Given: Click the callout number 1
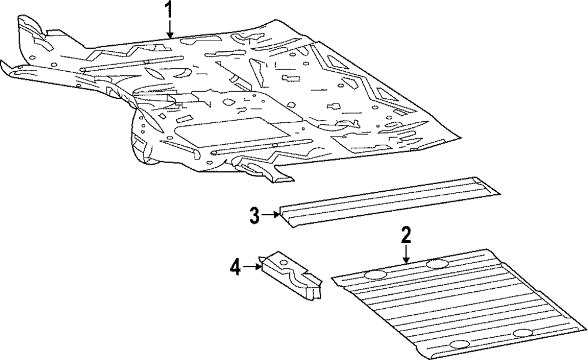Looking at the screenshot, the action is pos(169,10).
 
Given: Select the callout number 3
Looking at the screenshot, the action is pos(254,215).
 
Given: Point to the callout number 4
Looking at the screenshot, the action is pos(235,268).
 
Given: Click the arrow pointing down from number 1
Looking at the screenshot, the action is pos(169,29).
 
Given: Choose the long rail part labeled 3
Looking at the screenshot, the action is pos(388,203).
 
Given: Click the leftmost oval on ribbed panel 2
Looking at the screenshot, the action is pos(376,274).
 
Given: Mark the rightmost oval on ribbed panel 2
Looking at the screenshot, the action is pos(522,334).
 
